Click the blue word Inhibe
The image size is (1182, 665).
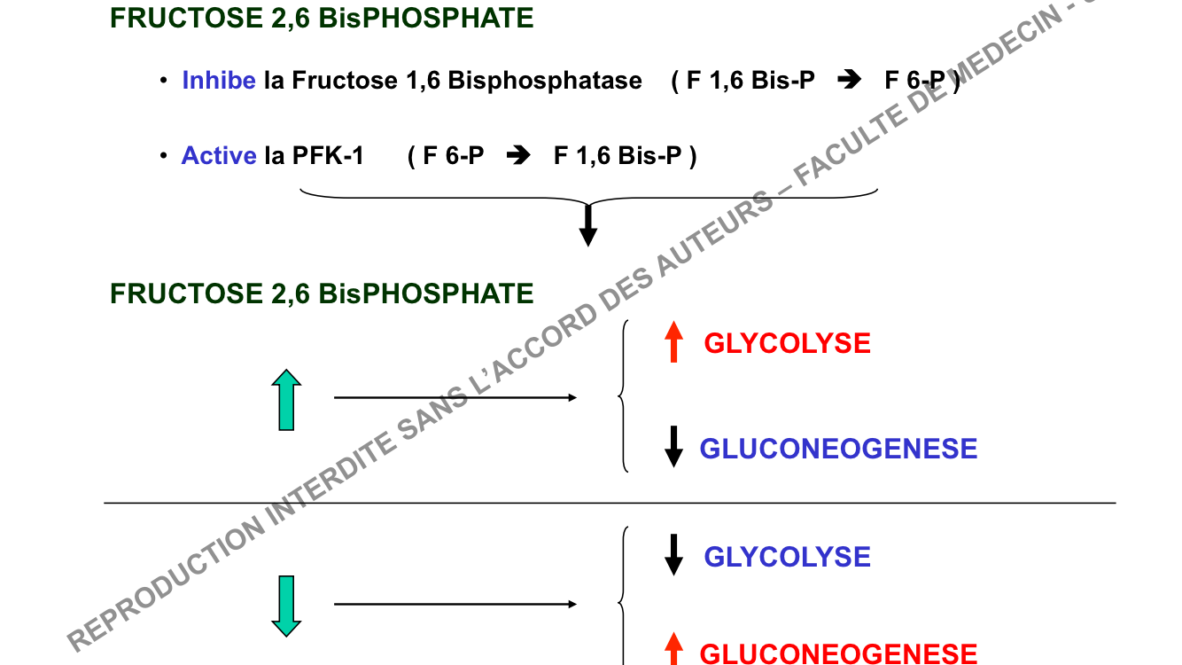(x=219, y=81)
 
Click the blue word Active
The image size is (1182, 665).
(x=219, y=156)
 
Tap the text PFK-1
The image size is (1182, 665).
(x=328, y=156)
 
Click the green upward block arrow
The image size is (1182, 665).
(x=286, y=401)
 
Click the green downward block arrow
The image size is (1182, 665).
(x=286, y=606)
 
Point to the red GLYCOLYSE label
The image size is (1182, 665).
(x=787, y=344)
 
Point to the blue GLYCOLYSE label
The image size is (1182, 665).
(x=787, y=557)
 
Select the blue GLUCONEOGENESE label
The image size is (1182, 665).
(x=838, y=449)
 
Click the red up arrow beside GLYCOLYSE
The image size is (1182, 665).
(x=674, y=342)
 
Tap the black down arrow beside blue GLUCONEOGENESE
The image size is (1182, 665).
(x=674, y=447)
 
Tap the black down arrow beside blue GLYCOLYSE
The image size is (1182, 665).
(x=674, y=555)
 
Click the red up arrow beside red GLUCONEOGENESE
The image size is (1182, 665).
(x=674, y=650)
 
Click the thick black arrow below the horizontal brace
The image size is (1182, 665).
(x=587, y=225)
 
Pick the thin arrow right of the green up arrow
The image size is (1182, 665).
(x=455, y=398)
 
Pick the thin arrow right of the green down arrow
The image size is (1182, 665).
(x=455, y=605)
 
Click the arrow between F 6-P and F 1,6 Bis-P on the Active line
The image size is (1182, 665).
(x=518, y=156)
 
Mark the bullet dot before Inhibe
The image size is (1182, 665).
(x=164, y=81)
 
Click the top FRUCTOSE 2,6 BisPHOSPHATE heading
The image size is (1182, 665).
(x=322, y=18)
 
